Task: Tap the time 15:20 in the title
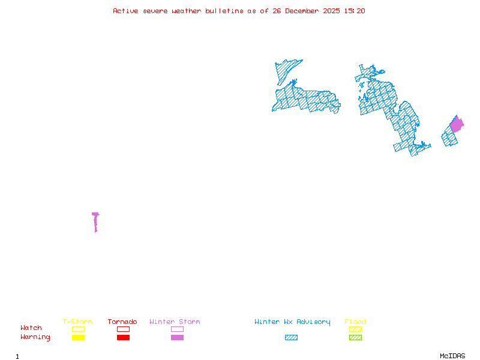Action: pyautogui.click(x=353, y=11)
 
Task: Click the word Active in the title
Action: pyautogui.click(x=125, y=11)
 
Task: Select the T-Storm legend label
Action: pyautogui.click(x=77, y=322)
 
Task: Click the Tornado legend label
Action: pyautogui.click(x=122, y=322)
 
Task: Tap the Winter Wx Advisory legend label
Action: pyautogui.click(x=292, y=322)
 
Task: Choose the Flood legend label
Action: pyautogui.click(x=355, y=322)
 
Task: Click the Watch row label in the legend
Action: pyautogui.click(x=31, y=328)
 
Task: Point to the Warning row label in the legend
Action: pyautogui.click(x=35, y=337)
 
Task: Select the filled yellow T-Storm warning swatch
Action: pyautogui.click(x=78, y=338)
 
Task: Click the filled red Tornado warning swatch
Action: pyautogui.click(x=123, y=338)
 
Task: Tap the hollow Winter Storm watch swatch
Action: pyautogui.click(x=177, y=329)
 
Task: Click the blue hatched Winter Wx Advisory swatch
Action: pyautogui.click(x=291, y=338)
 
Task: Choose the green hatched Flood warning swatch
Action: pyautogui.click(x=355, y=338)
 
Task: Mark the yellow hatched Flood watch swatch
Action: pyautogui.click(x=355, y=329)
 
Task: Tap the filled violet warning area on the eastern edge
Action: pyautogui.click(x=457, y=125)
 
